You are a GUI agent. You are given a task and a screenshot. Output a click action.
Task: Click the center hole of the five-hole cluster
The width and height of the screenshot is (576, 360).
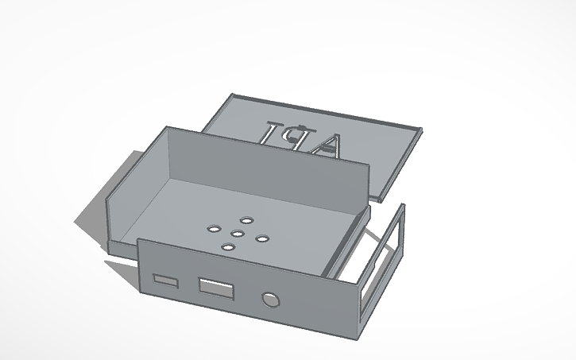click(x=238, y=232)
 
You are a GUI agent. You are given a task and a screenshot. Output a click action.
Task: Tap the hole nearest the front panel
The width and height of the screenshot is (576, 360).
click(x=228, y=247)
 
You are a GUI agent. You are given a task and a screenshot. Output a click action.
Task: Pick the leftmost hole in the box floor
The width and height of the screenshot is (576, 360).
click(x=213, y=228)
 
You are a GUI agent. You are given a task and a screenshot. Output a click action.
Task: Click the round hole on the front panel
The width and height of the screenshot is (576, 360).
click(x=271, y=300)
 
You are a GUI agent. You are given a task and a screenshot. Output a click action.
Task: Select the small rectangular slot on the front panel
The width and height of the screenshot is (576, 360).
click(x=166, y=281)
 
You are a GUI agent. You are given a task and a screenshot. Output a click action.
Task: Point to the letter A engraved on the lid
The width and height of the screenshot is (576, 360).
click(x=327, y=143)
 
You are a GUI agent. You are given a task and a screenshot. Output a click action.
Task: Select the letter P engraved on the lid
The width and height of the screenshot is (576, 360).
click(x=302, y=137)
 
